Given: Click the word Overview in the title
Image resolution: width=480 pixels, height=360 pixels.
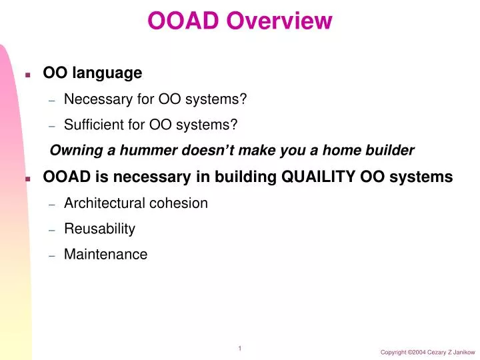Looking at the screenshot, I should [x=279, y=21].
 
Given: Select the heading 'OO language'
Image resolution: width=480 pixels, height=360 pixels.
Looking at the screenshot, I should [x=92, y=72].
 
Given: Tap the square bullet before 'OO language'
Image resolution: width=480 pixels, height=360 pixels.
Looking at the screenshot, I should [x=28, y=74].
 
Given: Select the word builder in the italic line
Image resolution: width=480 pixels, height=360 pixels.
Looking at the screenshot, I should [x=391, y=151].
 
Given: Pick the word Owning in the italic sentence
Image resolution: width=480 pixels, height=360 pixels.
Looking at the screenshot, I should [x=71, y=151].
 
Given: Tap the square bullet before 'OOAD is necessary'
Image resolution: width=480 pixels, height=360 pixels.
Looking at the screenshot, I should [x=28, y=179].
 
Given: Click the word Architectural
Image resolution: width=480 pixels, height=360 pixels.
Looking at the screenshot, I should [x=101, y=203].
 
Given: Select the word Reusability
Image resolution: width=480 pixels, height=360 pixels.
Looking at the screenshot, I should [x=99, y=229].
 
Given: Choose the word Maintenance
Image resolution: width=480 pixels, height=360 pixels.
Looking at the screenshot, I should [x=105, y=254].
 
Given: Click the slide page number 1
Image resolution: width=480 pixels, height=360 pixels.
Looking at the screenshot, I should [x=239, y=348].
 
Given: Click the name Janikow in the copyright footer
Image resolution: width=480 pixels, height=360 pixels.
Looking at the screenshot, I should [x=460, y=351].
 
